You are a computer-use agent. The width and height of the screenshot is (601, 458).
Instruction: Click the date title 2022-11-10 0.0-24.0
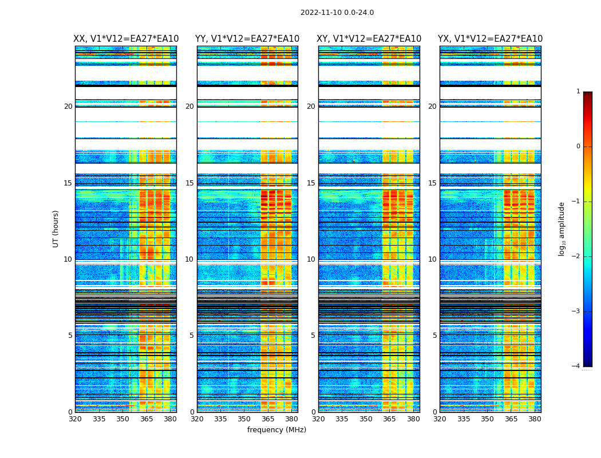(x=337, y=13)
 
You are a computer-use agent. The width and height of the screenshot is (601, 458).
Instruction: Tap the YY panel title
(x=247, y=39)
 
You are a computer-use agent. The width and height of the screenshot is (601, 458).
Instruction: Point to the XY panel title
(x=369, y=39)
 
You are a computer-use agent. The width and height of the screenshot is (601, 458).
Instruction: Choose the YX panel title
(x=490, y=39)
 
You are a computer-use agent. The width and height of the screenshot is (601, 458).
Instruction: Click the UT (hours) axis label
(x=56, y=228)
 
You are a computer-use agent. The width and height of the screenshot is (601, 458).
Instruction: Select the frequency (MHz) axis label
(x=276, y=430)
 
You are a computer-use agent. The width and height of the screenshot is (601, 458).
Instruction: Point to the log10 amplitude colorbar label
(x=562, y=228)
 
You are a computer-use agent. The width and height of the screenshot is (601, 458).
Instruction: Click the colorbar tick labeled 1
(x=578, y=92)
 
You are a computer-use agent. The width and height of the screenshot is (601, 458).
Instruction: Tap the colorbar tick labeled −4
(x=576, y=366)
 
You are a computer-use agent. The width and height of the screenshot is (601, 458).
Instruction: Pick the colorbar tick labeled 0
(x=578, y=147)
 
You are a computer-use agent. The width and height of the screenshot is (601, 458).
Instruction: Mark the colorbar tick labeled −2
(x=576, y=256)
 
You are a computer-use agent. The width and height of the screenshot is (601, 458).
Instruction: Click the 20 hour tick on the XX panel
(x=68, y=106)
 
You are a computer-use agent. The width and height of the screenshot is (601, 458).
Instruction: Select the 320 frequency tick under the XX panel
(x=75, y=419)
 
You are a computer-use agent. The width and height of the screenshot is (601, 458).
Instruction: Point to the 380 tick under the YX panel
(x=535, y=419)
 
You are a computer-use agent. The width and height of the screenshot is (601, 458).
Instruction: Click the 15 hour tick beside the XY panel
(x=311, y=183)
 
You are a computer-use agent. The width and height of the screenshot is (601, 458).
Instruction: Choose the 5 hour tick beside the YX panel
(x=434, y=335)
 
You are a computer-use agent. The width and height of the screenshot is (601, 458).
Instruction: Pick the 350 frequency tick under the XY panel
(x=366, y=419)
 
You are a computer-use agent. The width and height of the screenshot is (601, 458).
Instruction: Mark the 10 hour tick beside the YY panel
(x=189, y=259)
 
